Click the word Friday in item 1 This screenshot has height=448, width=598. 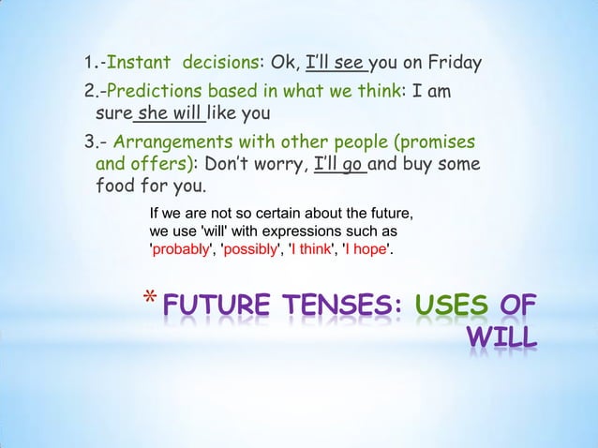coord(453,65)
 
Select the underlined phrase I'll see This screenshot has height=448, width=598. coord(336,65)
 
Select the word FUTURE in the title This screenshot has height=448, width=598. coord(215,307)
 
